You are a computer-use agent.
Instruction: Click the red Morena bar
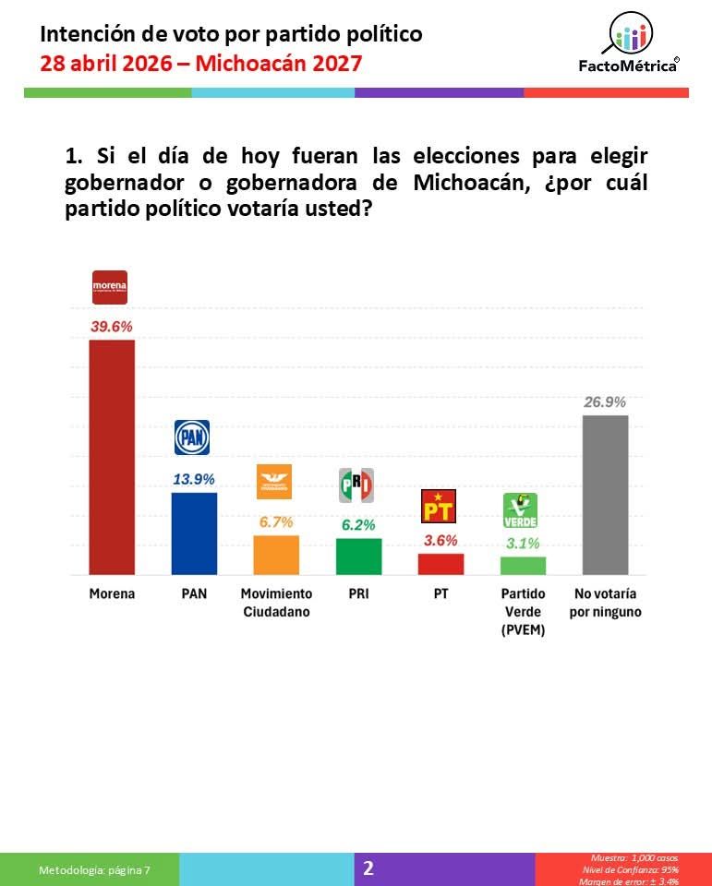pyautogui.click(x=111, y=457)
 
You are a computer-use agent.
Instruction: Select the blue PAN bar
pyautogui.click(x=195, y=533)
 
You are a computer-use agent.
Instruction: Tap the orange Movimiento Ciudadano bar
pyautogui.click(x=276, y=555)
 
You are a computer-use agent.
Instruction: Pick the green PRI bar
pyautogui.click(x=358, y=557)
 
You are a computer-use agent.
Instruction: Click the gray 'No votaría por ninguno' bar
pyautogui.click(x=605, y=495)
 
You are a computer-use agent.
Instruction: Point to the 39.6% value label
pyautogui.click(x=111, y=326)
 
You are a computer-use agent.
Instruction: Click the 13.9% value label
pyautogui.click(x=195, y=479)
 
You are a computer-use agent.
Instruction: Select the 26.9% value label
pyautogui.click(x=605, y=401)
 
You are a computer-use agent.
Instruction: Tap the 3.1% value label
pyautogui.click(x=523, y=543)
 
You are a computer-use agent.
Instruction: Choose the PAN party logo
pyautogui.click(x=192, y=437)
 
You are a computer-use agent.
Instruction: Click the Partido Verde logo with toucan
pyautogui.click(x=520, y=510)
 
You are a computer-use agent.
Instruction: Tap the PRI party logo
pyautogui.click(x=356, y=485)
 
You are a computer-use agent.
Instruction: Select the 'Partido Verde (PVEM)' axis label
pyautogui.click(x=523, y=610)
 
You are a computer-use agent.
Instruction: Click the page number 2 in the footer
pyautogui.click(x=368, y=868)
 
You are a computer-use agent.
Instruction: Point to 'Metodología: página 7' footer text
pyautogui.click(x=94, y=869)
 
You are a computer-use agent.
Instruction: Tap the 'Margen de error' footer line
pyautogui.click(x=632, y=880)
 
